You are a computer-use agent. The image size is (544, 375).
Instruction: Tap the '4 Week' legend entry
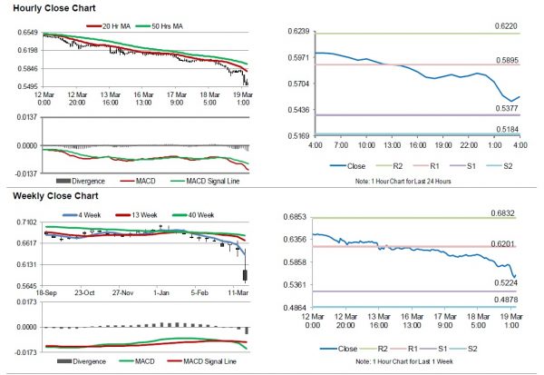pos(75,214)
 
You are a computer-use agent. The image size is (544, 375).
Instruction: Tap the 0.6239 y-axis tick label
pos(297,32)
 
